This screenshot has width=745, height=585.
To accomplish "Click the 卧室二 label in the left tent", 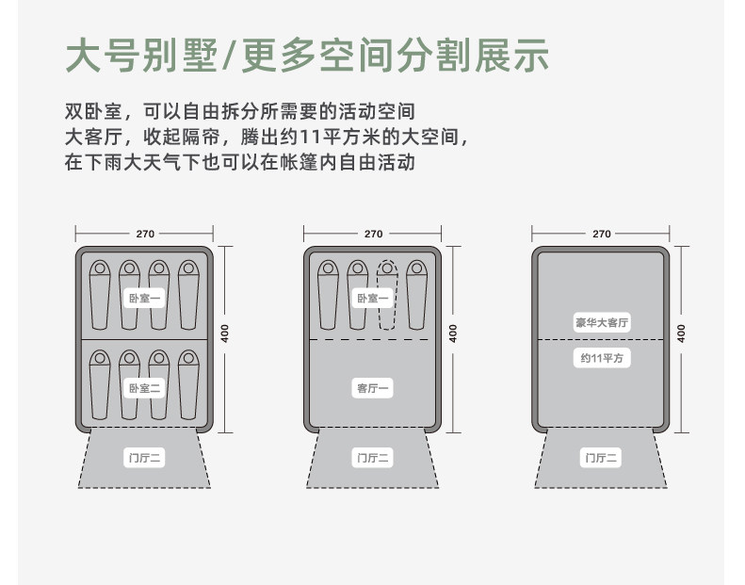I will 145,387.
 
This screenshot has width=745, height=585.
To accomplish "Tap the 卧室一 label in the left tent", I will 145,298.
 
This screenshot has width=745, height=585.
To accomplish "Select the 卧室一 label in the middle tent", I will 373,298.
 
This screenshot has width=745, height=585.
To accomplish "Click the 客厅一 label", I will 373,387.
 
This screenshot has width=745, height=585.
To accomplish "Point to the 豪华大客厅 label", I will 602,323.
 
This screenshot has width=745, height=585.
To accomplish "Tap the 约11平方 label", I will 602,358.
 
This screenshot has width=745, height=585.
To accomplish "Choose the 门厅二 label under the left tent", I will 145,459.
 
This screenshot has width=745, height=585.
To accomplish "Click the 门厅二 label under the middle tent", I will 373,459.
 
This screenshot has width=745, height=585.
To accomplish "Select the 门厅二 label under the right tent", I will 602,459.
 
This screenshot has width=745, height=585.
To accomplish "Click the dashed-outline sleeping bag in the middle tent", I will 387,294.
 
